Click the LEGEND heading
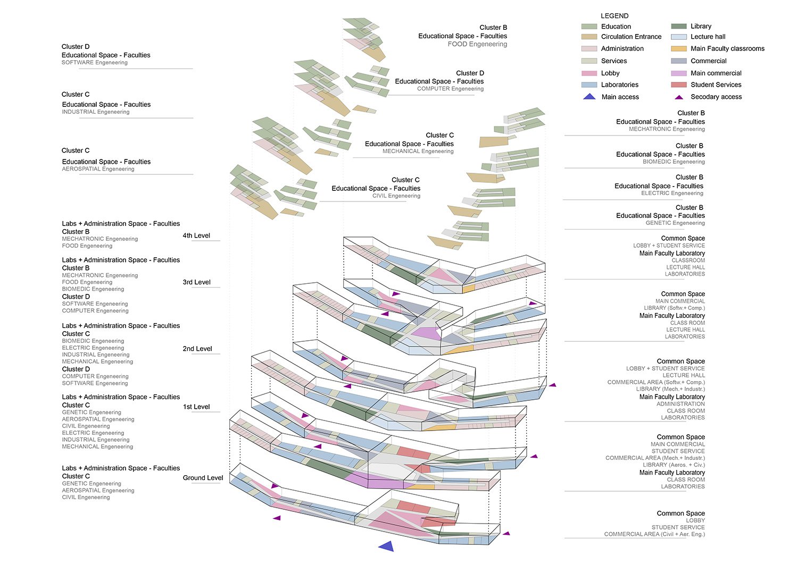(x=614, y=16)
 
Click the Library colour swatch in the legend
(x=679, y=26)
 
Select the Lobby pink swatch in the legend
(x=589, y=73)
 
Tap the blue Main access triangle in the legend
(x=589, y=97)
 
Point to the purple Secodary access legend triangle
(x=679, y=97)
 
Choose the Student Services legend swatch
(x=679, y=85)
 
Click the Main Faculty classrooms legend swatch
(x=679, y=48)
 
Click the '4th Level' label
(x=196, y=235)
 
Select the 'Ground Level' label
(x=203, y=478)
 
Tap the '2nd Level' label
(x=197, y=349)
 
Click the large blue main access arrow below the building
(x=386, y=545)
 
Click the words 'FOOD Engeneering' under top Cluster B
(x=477, y=44)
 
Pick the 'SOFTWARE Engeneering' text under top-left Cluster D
(x=95, y=63)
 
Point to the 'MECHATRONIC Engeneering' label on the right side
(x=667, y=129)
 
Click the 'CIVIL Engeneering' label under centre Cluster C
(x=396, y=196)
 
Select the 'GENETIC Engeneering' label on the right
(x=675, y=223)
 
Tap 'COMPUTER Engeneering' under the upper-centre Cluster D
(x=450, y=89)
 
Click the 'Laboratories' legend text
(x=619, y=85)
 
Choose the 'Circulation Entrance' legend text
(x=631, y=37)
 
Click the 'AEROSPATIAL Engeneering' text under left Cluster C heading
(x=98, y=169)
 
